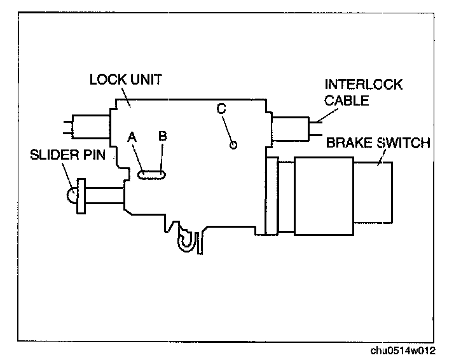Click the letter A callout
[x=132, y=137]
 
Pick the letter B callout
[x=162, y=135]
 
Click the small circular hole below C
[x=233, y=145]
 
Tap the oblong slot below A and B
[x=153, y=172]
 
